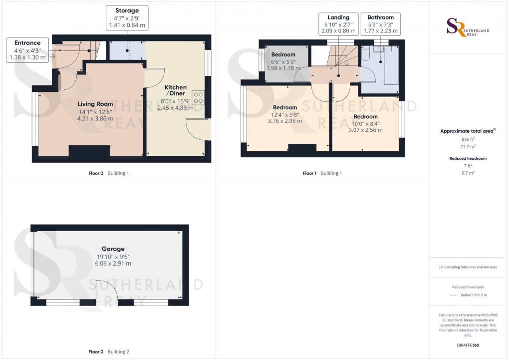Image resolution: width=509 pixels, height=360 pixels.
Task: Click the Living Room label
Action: (x=95, y=104)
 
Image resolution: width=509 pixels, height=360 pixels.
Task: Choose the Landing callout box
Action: (x=339, y=24)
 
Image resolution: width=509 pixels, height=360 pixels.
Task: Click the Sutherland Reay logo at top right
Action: (x=468, y=28)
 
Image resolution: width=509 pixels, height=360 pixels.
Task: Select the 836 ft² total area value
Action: (x=467, y=139)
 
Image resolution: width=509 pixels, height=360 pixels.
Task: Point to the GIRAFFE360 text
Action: (x=467, y=345)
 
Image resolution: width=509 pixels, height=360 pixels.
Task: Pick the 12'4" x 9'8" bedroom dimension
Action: (x=285, y=114)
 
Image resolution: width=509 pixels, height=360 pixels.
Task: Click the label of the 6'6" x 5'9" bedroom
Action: (x=283, y=54)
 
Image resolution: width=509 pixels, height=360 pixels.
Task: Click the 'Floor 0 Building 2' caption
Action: (x=109, y=352)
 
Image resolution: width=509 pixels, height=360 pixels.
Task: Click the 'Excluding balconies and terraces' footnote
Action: (x=468, y=267)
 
